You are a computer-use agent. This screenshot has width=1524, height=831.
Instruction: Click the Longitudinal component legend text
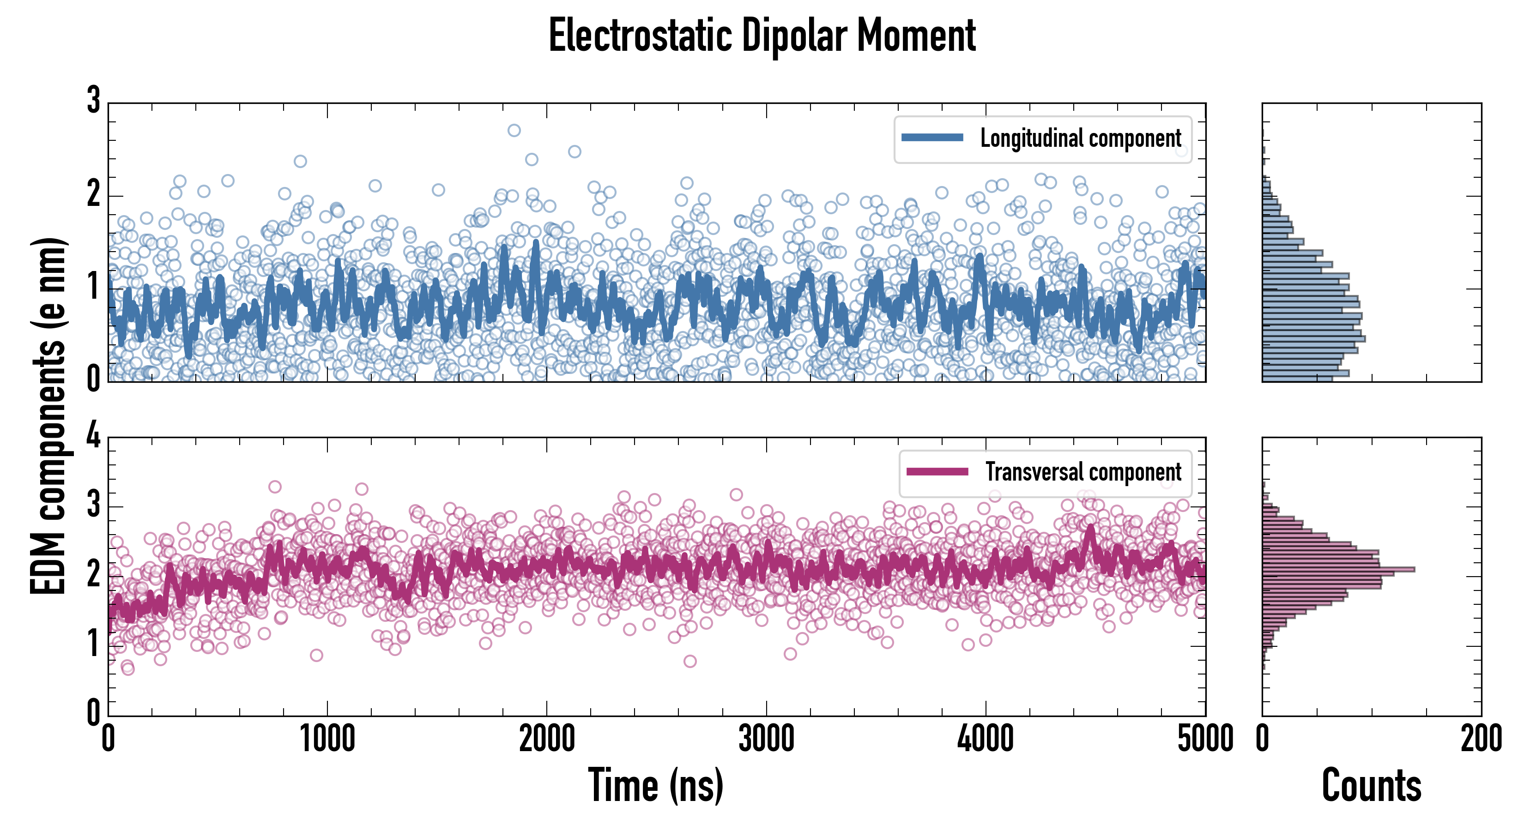pos(1080,138)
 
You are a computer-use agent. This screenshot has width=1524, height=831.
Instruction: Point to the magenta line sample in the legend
pos(937,471)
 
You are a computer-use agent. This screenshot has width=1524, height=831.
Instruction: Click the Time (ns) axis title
pos(655,785)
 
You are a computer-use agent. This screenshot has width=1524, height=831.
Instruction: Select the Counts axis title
pos(1371,785)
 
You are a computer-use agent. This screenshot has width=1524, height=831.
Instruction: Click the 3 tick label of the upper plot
pos(93,101)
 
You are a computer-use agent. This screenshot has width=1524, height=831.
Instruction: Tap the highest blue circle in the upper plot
pos(514,130)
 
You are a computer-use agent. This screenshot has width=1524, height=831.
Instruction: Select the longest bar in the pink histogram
pos(1338,569)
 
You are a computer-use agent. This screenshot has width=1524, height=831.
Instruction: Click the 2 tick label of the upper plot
pos(93,194)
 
